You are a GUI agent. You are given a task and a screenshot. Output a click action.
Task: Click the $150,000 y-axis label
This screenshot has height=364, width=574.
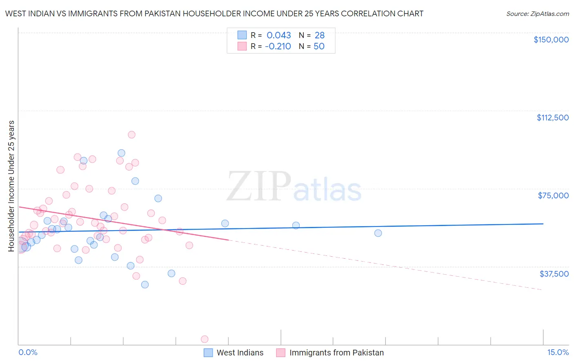click(x=551, y=40)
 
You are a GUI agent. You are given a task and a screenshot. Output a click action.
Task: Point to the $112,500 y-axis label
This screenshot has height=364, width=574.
click(x=552, y=118)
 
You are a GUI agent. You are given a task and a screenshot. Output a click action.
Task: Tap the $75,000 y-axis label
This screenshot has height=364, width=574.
click(x=553, y=195)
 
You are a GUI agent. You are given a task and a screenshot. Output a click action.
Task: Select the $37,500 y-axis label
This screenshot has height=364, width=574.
click(x=554, y=274)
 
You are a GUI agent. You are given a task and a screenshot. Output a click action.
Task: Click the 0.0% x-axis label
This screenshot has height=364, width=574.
click(x=28, y=353)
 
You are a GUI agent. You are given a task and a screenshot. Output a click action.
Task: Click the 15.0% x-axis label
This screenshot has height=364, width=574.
click(x=558, y=353)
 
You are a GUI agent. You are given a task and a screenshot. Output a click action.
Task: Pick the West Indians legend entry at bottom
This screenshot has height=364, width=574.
click(x=234, y=353)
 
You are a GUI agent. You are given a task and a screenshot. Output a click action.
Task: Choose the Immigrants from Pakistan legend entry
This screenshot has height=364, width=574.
click(x=330, y=353)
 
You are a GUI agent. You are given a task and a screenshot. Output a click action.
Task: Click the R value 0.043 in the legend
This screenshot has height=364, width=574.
click(x=278, y=35)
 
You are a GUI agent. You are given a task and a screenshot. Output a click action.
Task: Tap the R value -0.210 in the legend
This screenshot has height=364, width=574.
click(x=278, y=47)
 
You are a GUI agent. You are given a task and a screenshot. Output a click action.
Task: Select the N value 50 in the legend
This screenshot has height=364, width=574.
click(x=319, y=47)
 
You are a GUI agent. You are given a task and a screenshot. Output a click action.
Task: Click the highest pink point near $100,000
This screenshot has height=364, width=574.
click(x=131, y=135)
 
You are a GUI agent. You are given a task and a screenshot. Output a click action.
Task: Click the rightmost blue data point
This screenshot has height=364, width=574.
click(x=378, y=233)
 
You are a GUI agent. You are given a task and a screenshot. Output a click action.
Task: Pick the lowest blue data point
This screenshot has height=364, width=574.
click(x=145, y=284)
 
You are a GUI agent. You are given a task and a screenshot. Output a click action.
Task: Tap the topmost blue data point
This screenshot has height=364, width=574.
click(x=121, y=153)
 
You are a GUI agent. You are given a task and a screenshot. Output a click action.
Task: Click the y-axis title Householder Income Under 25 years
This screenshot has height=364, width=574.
click(x=11, y=186)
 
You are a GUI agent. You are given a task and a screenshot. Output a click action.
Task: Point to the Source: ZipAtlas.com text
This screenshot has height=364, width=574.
click(x=537, y=14)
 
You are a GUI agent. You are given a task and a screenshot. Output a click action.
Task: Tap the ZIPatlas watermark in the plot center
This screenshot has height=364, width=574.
click(x=294, y=186)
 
